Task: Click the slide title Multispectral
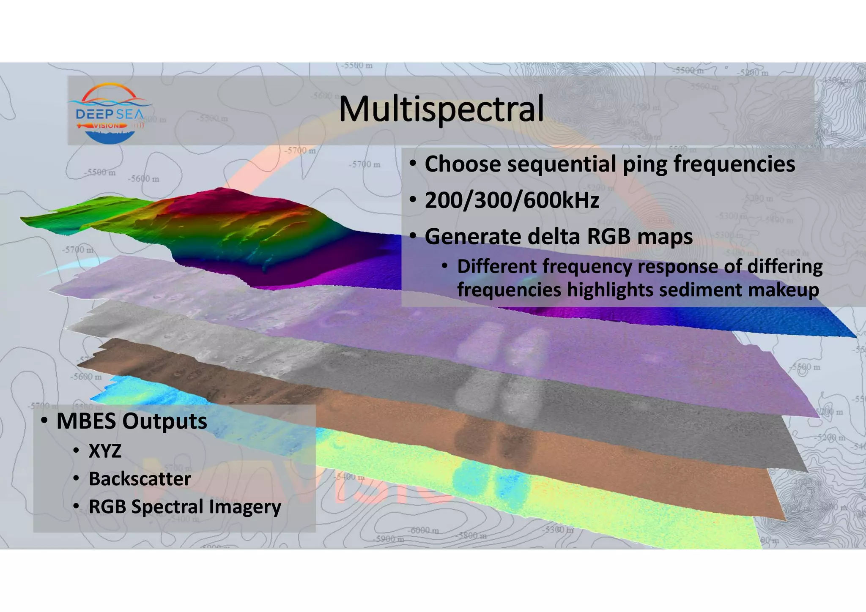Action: [441, 109]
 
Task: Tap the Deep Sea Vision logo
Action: [110, 113]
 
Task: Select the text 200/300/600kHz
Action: [512, 200]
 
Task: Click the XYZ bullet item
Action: [105, 451]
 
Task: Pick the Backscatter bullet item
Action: [140, 479]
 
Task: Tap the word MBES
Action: [86, 421]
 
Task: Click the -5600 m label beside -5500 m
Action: [143, 179]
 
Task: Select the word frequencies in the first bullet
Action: [734, 164]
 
